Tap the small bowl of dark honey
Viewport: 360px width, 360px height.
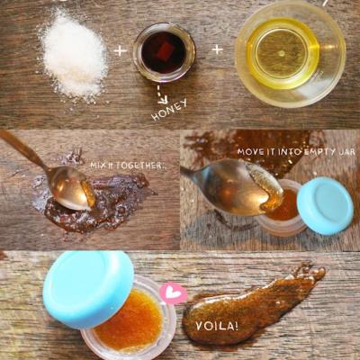click(164, 53)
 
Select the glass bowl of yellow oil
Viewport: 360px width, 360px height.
click(290, 53)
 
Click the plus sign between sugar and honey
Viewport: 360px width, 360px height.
click(120, 50)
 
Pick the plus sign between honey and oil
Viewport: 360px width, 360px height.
click(218, 49)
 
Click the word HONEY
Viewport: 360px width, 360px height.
click(169, 110)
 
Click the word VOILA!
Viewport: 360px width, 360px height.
click(217, 326)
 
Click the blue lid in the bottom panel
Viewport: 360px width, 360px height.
click(88, 285)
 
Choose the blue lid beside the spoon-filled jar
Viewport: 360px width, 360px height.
click(325, 202)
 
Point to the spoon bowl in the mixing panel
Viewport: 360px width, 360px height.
click(74, 187)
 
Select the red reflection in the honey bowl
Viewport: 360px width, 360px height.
click(165, 49)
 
